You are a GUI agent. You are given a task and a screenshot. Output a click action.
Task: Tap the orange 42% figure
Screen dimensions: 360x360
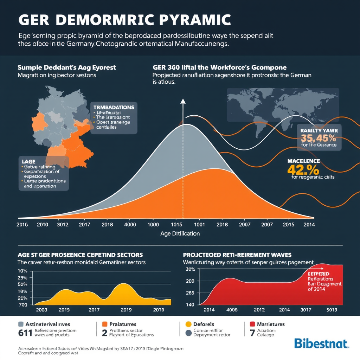303,169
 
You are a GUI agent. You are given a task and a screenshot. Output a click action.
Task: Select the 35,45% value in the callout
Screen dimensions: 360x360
319,137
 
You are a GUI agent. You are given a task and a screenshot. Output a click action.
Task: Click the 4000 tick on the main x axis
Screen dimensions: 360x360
130,224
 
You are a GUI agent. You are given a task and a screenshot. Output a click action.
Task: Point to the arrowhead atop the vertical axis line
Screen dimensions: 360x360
183,102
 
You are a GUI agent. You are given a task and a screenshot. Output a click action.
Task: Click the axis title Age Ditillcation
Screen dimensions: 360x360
180,233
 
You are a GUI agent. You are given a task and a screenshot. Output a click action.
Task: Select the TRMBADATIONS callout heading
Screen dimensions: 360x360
114,107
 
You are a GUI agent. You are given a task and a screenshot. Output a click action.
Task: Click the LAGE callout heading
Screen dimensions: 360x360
29,160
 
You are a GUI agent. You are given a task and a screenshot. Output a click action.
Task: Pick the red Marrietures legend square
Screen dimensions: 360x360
252,324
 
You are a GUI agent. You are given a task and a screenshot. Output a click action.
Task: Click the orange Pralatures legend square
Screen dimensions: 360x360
104,324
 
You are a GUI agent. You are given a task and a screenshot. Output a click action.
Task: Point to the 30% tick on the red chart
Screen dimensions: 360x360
190,269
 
